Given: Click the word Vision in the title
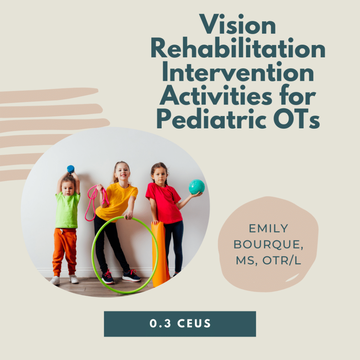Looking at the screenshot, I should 238,27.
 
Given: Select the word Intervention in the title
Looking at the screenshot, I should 238,73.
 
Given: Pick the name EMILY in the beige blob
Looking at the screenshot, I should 268,229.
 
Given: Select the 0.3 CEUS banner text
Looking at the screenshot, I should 180,323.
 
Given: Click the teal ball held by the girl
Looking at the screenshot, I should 197,187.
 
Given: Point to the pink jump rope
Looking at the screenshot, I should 92,200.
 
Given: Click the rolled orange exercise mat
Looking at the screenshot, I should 160,253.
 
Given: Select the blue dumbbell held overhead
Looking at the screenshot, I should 71,169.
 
